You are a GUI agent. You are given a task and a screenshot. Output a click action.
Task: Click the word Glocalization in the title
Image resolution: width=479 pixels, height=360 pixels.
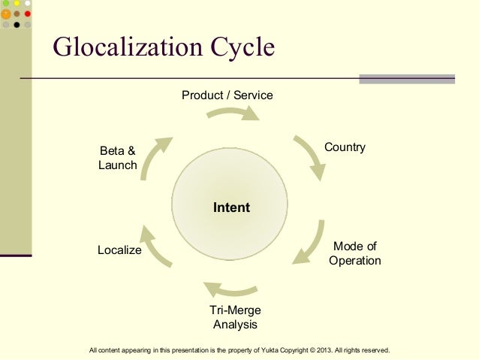coord(119,48)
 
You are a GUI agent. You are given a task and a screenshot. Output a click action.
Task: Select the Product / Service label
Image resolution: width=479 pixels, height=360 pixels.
coord(227,95)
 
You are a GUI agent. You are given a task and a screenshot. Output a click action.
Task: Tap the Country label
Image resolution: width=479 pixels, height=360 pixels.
coord(345,147)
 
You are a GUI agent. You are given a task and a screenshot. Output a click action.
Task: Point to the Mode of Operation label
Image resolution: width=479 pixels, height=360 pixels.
coord(354,254)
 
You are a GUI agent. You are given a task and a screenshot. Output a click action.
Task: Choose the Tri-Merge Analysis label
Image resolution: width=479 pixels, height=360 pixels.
coord(235,318)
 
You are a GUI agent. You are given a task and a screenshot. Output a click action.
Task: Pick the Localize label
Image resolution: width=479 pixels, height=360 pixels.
coord(119,250)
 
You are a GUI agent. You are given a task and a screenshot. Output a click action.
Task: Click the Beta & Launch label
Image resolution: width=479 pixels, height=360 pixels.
coord(118,159)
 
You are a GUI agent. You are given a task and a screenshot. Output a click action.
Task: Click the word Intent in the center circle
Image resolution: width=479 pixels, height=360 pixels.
coord(231,207)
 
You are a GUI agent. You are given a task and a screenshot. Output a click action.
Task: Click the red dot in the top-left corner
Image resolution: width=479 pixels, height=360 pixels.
coord(27,14)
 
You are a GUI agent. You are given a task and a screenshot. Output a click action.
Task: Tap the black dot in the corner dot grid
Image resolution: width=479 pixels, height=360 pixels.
coord(17,24)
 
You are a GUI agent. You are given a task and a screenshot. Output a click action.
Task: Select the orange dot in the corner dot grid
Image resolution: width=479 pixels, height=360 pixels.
coord(6,14)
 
